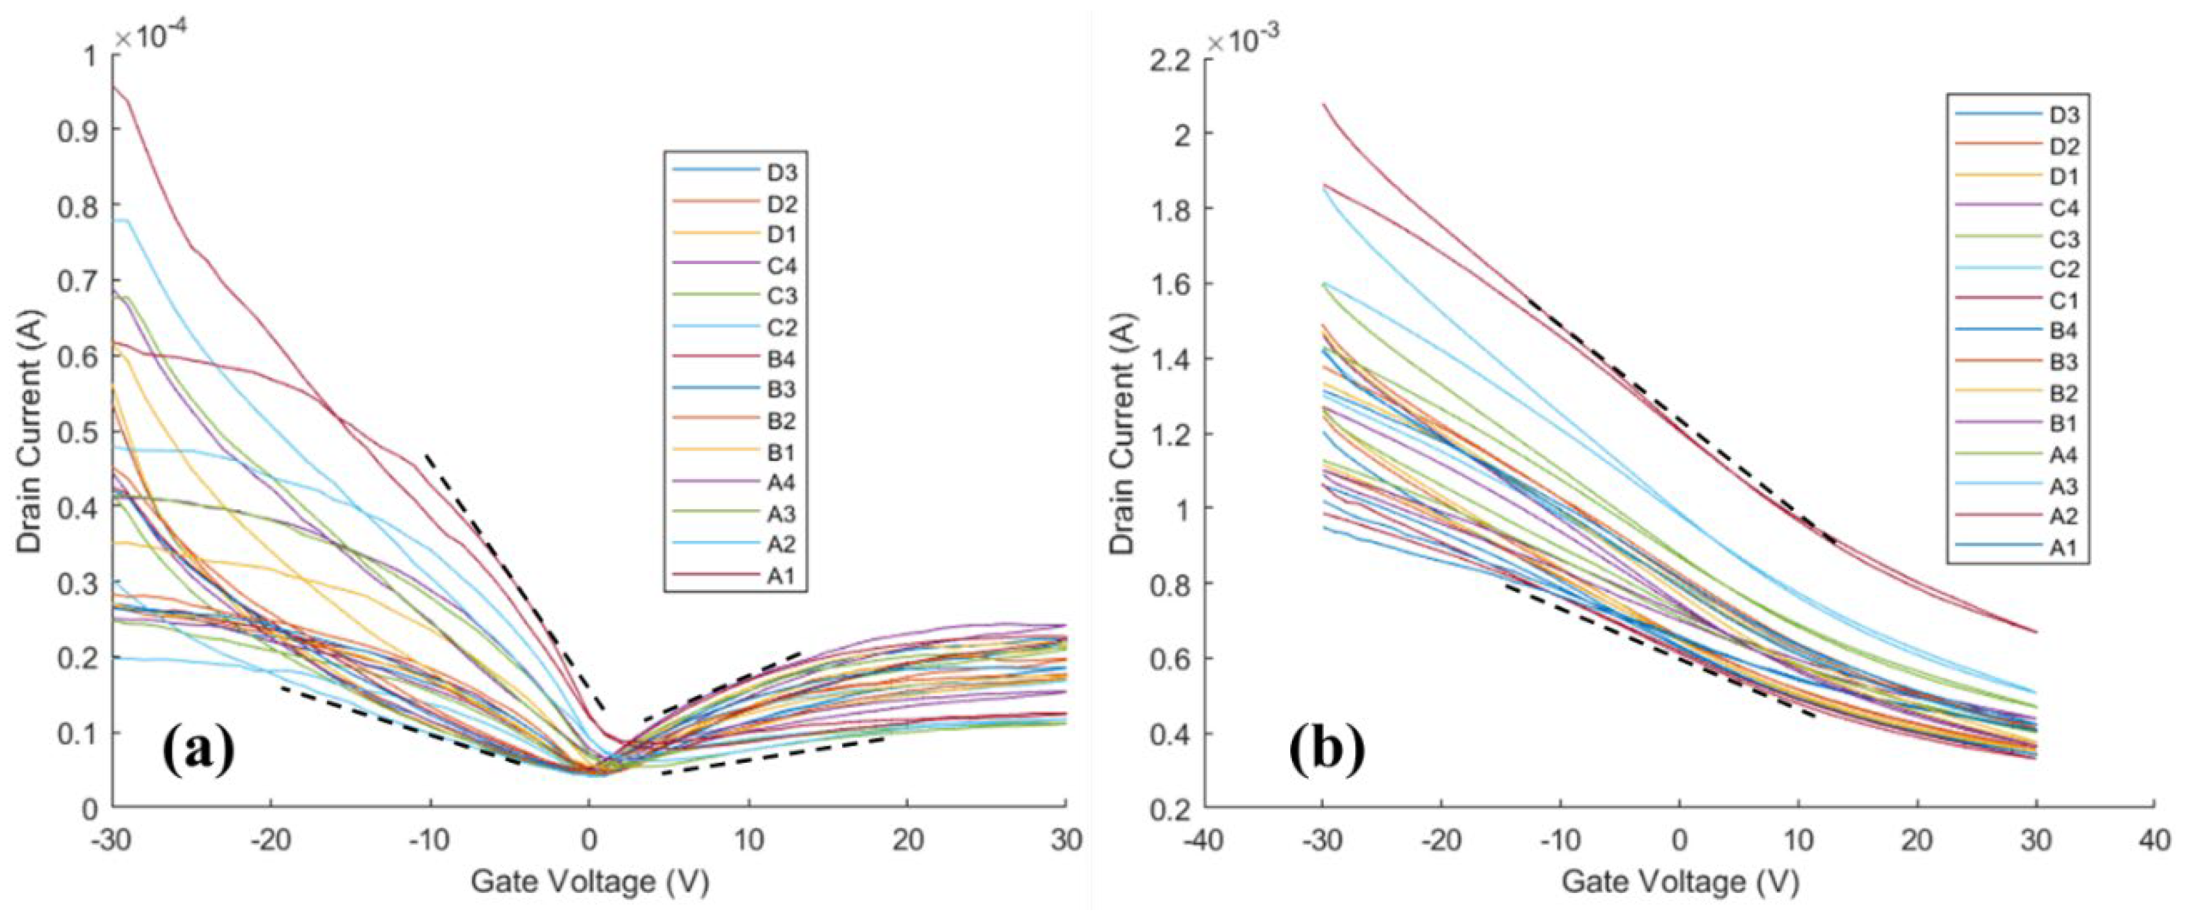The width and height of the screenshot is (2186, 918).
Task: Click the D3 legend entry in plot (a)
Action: point(781,173)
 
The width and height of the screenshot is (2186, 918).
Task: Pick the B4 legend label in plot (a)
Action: point(781,359)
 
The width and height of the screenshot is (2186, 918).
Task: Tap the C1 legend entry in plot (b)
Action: point(2064,300)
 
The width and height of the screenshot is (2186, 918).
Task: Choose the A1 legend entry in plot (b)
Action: point(2064,547)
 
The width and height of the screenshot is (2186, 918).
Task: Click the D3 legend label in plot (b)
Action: point(2064,116)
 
